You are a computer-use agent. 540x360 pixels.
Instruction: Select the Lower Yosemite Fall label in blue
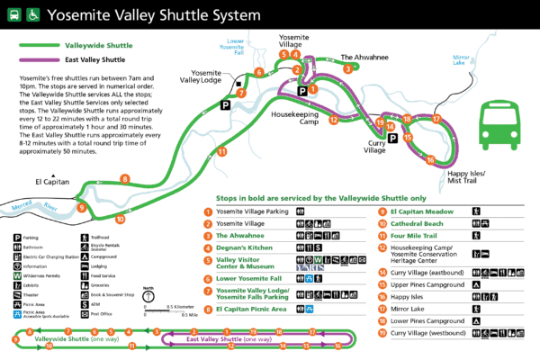pos(235,46)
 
